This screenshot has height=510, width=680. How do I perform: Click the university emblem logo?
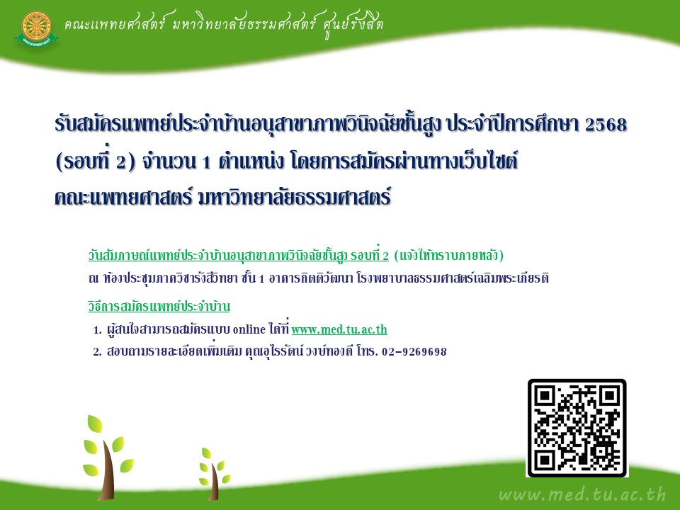coord(36,28)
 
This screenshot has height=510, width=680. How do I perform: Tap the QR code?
coord(577,428)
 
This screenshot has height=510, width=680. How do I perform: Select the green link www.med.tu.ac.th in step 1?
coord(339,329)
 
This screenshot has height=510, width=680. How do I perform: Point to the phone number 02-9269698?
coord(414,351)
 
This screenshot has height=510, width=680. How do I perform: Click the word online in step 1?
coord(249,329)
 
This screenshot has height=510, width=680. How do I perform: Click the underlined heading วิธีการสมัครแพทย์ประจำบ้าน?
coord(159,306)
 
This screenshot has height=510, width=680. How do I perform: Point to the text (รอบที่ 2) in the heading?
coord(96,161)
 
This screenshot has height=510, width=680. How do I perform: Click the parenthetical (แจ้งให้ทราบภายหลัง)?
coord(449,256)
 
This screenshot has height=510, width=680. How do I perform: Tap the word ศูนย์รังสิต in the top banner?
coord(353,25)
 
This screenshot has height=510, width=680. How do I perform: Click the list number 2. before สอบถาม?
coord(97,352)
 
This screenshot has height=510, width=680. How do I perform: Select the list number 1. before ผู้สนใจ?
coord(97,330)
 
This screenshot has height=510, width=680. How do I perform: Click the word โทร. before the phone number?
coord(367,351)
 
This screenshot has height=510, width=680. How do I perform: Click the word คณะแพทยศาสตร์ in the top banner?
coord(114,24)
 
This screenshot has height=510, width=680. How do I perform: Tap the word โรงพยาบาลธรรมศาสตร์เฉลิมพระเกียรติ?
coord(453,278)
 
